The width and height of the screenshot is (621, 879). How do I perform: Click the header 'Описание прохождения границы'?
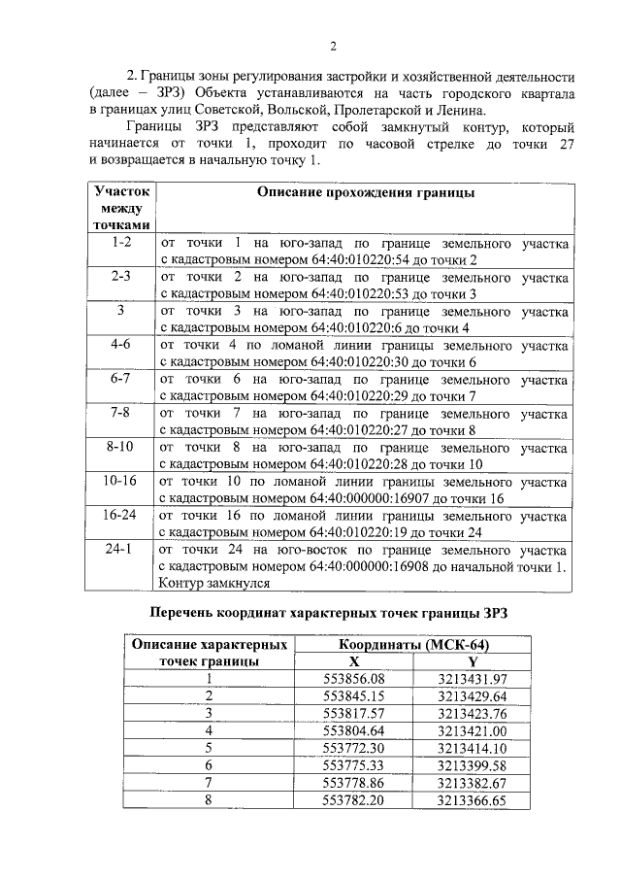[x=365, y=192]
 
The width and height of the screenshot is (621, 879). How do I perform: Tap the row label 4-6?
[x=121, y=344]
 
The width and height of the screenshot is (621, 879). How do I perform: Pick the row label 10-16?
[x=121, y=480]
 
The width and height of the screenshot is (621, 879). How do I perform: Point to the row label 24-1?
[x=121, y=549]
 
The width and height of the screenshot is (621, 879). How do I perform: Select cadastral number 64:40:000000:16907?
[x=371, y=498]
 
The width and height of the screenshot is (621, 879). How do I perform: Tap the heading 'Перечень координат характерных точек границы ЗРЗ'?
[x=327, y=613]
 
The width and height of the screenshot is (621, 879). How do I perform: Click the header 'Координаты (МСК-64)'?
[x=414, y=644]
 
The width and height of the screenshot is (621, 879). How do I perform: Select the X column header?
[x=354, y=660]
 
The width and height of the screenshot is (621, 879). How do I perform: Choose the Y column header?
[x=473, y=660]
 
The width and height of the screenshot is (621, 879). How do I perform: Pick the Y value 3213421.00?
[x=473, y=730]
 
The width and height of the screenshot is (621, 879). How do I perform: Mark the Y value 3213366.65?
[x=473, y=800]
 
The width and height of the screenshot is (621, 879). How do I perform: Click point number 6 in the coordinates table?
[x=208, y=765]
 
